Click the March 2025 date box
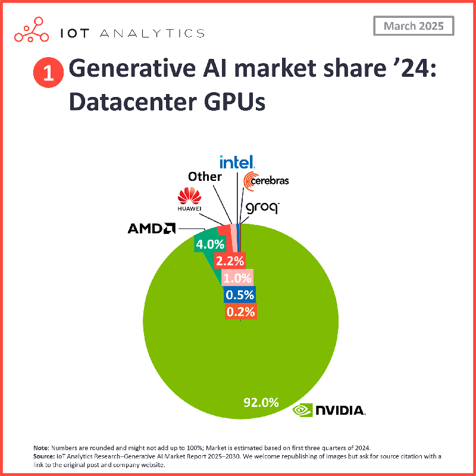(413, 26)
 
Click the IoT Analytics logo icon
(32, 32)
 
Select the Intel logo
(237, 162)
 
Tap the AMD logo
(152, 228)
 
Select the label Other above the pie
(205, 177)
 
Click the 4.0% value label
(210, 243)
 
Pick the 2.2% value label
(230, 260)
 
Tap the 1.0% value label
(237, 277)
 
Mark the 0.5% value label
(240, 295)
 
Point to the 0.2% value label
(240, 311)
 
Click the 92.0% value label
(261, 402)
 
